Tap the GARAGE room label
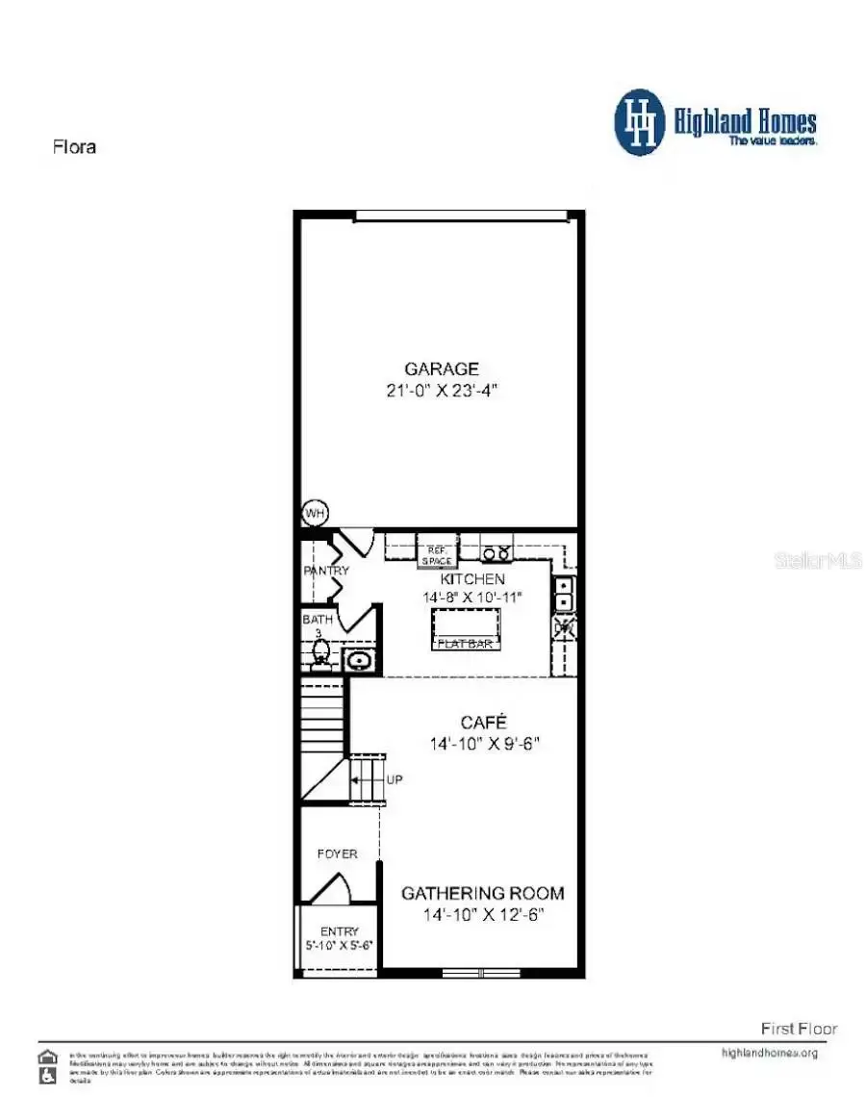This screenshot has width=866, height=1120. point(442,369)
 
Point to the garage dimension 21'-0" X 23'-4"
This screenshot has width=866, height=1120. point(442,392)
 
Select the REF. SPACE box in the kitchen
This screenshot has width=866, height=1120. point(435,555)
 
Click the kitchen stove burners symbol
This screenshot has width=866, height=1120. point(497,553)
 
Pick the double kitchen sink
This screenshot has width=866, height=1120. point(564,594)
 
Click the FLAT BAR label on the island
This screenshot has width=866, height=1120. point(467,643)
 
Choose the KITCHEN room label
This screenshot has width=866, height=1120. point(471,579)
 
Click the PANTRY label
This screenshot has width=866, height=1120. point(326,571)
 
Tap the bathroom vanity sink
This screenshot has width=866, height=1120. point(358,660)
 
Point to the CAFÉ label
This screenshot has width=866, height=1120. point(483,722)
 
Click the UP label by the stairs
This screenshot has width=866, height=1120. point(395,779)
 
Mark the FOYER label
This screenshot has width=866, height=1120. point(337,853)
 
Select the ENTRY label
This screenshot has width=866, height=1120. point(339,930)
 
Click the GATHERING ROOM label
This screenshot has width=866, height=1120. point(483,893)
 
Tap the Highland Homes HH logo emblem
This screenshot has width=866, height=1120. point(640,122)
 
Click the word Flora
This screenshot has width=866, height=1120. point(73,147)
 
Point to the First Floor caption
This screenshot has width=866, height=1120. point(799,1029)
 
